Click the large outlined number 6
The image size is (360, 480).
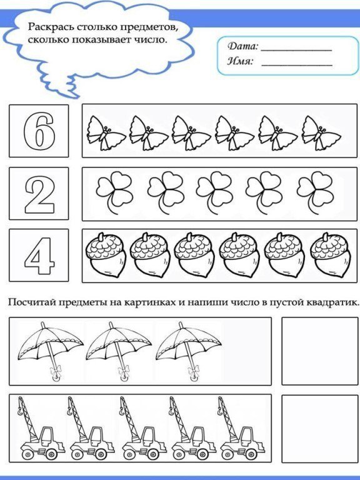pos(38,131)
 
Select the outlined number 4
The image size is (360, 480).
pos(38,255)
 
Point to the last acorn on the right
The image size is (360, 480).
pos(328,256)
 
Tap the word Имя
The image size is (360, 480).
pos(240,62)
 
